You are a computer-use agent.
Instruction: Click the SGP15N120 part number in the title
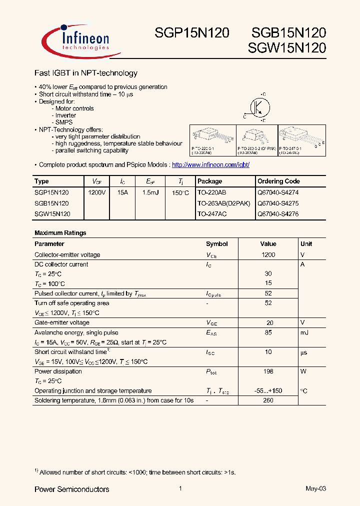pyautogui.click(x=191, y=33)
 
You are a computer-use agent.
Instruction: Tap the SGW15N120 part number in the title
pyautogui.click(x=287, y=48)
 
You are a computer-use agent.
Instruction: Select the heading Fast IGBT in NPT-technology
pyautogui.click(x=85, y=73)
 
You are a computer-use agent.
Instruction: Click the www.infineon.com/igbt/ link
pyautogui.click(x=210, y=164)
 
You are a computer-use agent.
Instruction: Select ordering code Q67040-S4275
pyautogui.click(x=277, y=203)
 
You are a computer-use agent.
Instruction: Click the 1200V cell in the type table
pyautogui.click(x=97, y=192)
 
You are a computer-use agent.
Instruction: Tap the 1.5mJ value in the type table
pyautogui.click(x=150, y=192)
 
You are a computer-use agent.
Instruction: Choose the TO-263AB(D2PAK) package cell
pyautogui.click(x=223, y=203)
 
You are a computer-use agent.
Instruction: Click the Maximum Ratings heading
pyautogui.click(x=60, y=233)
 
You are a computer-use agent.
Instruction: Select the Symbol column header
pyautogui.click(x=217, y=244)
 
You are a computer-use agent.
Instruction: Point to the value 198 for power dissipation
pyautogui.click(x=268, y=371)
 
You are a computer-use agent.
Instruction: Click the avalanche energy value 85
pyautogui.click(x=268, y=332)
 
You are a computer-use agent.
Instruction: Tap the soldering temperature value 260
pyautogui.click(x=268, y=400)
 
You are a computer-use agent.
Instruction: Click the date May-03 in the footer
pyautogui.click(x=315, y=488)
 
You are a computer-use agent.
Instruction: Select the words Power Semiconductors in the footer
pyautogui.click(x=71, y=489)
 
